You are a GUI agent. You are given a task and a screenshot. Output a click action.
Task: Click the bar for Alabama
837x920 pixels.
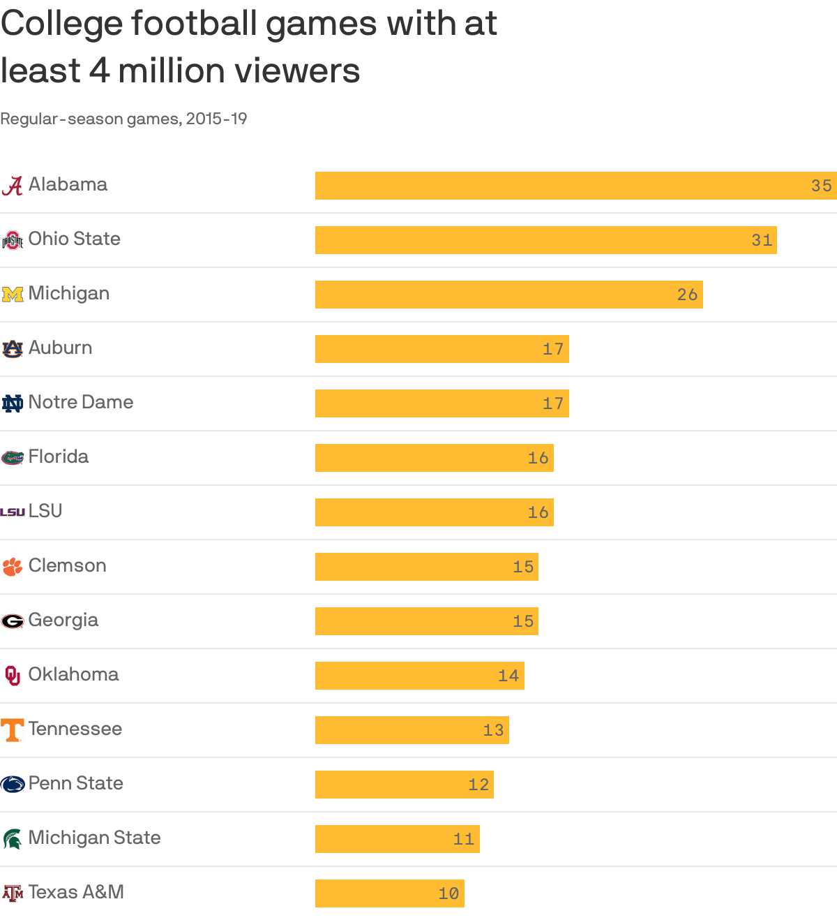558,186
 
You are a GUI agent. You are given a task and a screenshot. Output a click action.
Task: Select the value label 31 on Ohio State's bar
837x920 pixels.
762,240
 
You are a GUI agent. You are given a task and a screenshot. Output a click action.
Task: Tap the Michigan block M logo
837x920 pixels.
13,294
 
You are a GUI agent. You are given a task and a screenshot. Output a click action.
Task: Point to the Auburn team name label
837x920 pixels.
60,348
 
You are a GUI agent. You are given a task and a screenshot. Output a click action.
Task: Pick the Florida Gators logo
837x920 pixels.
13,458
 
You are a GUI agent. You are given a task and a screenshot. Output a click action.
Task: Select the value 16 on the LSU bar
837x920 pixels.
538,512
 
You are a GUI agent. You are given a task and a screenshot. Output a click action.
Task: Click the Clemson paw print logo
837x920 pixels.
13,566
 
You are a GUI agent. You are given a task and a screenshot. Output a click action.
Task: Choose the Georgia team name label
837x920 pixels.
63,620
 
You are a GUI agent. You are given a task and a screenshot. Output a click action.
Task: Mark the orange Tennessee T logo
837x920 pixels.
13,730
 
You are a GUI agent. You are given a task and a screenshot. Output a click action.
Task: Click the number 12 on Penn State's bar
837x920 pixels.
478,785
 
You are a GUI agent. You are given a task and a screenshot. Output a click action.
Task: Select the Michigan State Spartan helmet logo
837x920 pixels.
13,838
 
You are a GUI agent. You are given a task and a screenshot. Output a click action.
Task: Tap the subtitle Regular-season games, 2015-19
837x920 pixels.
123,119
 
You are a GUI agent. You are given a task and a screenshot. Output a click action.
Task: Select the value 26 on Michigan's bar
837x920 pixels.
687,295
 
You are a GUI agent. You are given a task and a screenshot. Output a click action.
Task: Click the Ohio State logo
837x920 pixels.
13,240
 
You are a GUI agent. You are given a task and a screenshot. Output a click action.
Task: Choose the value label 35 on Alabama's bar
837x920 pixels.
821,186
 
